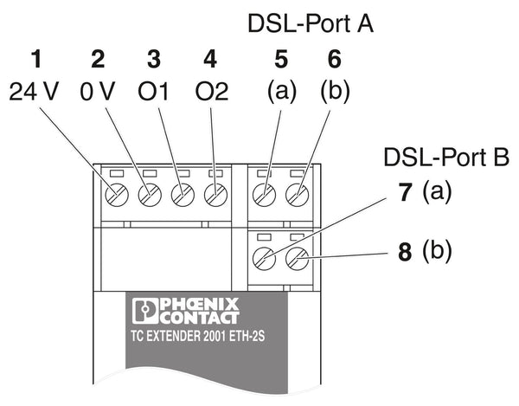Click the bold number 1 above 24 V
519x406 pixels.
coord(35,60)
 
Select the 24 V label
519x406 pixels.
coord(35,92)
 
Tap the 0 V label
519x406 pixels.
coord(97,92)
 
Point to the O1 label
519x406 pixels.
coord(154,92)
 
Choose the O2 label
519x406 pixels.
coord(208,92)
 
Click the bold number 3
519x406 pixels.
coord(154,60)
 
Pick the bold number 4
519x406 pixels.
coord(208,60)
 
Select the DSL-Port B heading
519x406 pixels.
coord(447,157)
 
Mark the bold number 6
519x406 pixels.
coord(335,60)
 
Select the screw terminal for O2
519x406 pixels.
coord(215,194)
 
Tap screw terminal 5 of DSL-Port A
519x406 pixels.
coord(264,194)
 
